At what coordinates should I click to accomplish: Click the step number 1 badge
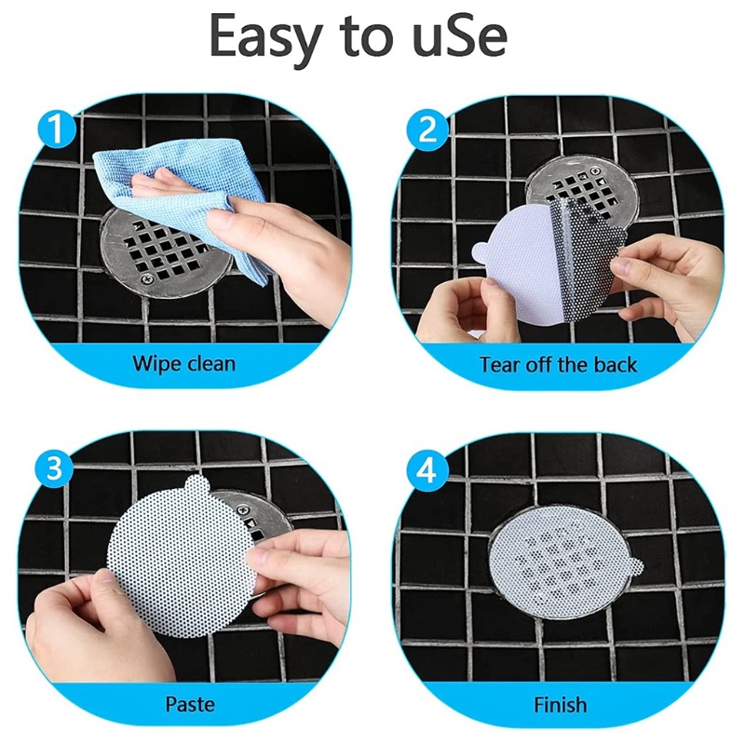pyautogui.click(x=57, y=129)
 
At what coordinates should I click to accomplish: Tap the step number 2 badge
pyautogui.click(x=427, y=129)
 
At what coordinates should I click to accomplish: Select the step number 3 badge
pyautogui.click(x=54, y=468)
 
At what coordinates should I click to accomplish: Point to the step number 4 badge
pyautogui.click(x=427, y=471)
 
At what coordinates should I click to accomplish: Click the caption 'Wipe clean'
pyautogui.click(x=183, y=363)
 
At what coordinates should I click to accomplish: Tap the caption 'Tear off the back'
pyautogui.click(x=558, y=365)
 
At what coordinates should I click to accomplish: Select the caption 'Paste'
pyautogui.click(x=190, y=704)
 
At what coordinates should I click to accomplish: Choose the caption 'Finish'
pyautogui.click(x=561, y=705)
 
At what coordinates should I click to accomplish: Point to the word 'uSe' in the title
pyautogui.click(x=459, y=35)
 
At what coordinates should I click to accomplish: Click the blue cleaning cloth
pyautogui.click(x=181, y=199)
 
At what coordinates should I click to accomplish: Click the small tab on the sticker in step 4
pyautogui.click(x=634, y=565)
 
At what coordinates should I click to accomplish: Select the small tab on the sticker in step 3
pyautogui.click(x=197, y=484)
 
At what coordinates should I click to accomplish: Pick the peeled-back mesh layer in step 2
pyautogui.click(x=587, y=259)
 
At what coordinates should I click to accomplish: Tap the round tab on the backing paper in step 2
pyautogui.click(x=481, y=250)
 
